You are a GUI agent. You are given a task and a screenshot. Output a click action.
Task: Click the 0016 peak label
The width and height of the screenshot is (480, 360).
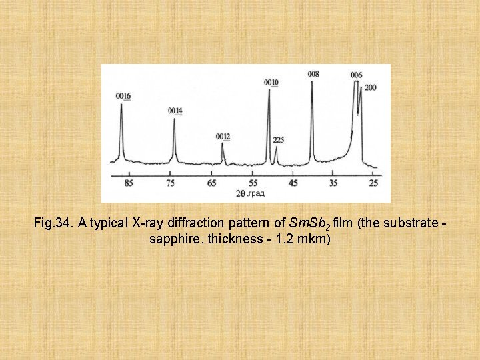point(123,97)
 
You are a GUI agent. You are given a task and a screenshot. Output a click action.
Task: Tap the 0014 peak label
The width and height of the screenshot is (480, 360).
point(175,110)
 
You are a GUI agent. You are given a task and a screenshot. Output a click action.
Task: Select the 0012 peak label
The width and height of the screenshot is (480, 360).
point(223,137)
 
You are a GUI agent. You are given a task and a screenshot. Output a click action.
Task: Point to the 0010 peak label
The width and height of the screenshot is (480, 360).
point(271,82)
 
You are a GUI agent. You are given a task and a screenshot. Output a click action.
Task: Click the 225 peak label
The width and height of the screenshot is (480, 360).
point(279,140)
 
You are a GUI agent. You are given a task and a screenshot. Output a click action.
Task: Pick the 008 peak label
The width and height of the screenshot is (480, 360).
point(313,74)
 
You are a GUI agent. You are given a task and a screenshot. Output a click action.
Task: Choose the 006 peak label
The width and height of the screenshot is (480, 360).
point(357,75)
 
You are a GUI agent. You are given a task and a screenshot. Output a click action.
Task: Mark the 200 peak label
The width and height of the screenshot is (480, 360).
point(371,87)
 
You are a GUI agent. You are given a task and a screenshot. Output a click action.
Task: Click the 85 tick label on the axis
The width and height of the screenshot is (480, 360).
point(129,183)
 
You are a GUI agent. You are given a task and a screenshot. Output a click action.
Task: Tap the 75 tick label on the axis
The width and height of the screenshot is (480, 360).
point(171,183)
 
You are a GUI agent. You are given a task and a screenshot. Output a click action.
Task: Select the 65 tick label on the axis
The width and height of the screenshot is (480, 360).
point(212,183)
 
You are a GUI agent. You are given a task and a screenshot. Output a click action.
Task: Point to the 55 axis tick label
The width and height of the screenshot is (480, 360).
point(253,183)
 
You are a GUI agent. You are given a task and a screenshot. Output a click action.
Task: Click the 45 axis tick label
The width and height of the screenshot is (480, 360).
point(293,183)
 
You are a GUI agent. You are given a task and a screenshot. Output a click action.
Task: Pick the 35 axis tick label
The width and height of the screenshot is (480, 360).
point(334,183)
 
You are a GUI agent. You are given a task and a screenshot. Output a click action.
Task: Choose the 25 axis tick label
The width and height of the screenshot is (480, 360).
point(374,183)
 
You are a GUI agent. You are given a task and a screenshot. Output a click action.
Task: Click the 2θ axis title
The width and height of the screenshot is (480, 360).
point(241,193)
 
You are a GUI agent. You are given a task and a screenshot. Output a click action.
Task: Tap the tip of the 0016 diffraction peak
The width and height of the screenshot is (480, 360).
point(121,105)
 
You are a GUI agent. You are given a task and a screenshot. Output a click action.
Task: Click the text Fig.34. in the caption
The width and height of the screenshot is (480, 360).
point(53,223)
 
